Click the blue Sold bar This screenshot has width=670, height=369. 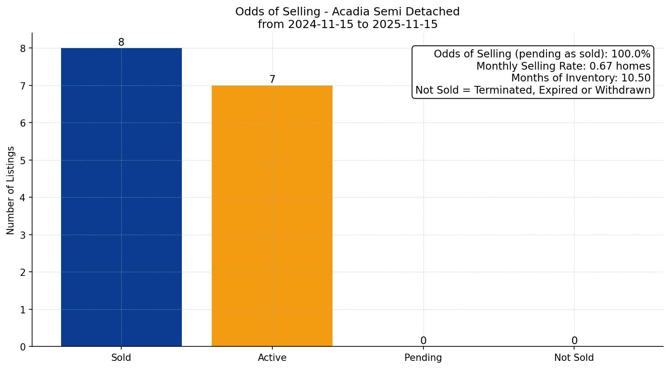(x=121, y=197)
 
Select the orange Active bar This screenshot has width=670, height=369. (x=272, y=216)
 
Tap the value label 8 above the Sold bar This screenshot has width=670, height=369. (x=121, y=43)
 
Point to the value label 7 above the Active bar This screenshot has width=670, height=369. (x=272, y=80)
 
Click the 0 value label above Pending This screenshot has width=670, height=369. (x=423, y=341)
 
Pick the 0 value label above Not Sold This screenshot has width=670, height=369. (x=574, y=341)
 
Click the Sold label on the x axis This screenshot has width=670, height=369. (x=121, y=358)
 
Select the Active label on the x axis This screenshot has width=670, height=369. (x=272, y=358)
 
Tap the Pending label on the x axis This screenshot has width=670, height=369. (x=423, y=358)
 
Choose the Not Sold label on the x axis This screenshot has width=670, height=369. (x=574, y=358)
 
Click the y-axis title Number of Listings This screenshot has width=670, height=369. (x=11, y=190)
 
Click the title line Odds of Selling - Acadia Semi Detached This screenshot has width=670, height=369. (x=347, y=12)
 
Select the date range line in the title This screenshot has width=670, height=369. (x=347, y=24)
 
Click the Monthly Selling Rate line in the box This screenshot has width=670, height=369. (x=563, y=66)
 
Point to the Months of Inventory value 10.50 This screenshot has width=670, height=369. (x=636, y=78)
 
